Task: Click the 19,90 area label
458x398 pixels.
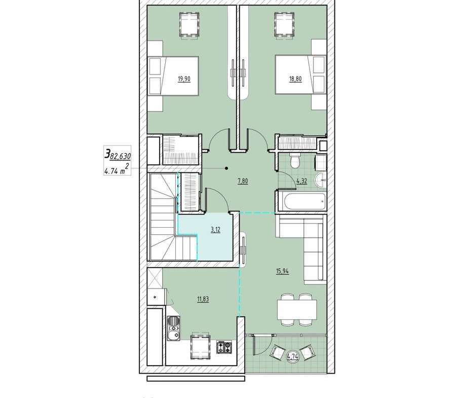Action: [184, 79]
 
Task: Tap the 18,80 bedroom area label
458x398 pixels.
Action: [295, 79]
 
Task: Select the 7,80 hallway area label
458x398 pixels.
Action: [243, 181]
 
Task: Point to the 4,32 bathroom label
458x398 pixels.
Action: [302, 181]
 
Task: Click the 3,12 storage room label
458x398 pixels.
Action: [215, 230]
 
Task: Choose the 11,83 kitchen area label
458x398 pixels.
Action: [203, 299]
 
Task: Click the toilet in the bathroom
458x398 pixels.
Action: [294, 161]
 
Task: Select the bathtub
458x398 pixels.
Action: [302, 200]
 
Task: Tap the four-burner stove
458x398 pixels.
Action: [224, 347]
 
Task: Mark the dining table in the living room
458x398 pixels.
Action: [297, 310]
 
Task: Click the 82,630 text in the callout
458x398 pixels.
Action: [120, 157]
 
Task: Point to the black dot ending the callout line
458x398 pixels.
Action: [226, 168]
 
